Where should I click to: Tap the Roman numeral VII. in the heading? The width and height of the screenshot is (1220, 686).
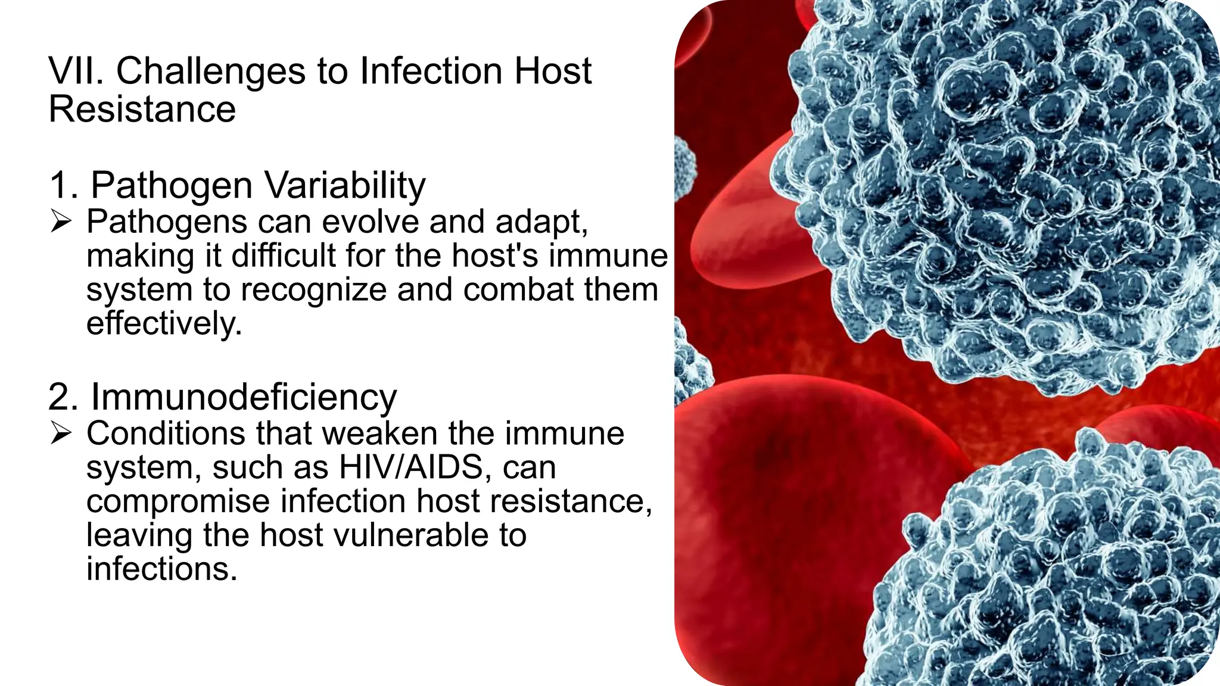pyautogui.click(x=76, y=71)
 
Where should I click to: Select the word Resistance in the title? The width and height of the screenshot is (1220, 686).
pyautogui.click(x=142, y=109)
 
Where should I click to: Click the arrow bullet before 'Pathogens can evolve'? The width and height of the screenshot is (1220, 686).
pyautogui.click(x=61, y=223)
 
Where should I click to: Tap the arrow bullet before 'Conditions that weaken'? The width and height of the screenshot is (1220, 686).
pyautogui.click(x=61, y=434)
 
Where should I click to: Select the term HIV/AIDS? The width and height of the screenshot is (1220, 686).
pyautogui.click(x=410, y=467)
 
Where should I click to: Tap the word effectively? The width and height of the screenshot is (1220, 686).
pyautogui.click(x=164, y=324)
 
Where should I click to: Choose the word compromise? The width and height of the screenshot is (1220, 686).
pyautogui.click(x=178, y=501)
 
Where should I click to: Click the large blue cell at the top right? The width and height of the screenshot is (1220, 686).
pyautogui.click(x=1001, y=191)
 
